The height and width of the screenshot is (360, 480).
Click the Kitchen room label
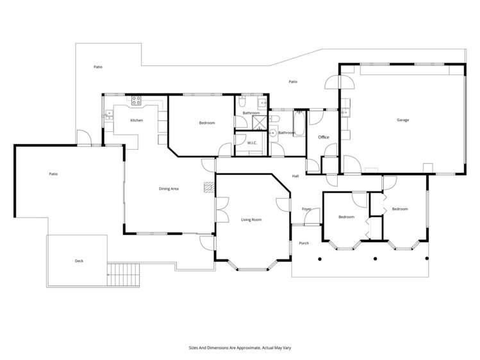coord(137,120)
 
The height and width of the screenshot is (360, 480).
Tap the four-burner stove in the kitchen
coord(137,101)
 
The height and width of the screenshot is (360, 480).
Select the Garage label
coord(402,120)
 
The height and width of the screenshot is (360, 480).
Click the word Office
coord(324,137)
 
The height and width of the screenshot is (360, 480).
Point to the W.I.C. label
coord(252,143)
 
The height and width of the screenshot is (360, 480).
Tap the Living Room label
coord(251,220)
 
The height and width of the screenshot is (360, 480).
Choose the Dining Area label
coord(169,189)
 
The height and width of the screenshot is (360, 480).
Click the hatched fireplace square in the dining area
coord(208,187)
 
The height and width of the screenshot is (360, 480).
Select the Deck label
coord(79,261)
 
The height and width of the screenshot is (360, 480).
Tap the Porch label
coord(304,243)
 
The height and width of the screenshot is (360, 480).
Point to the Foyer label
coord(306,209)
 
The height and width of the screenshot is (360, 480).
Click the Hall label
coord(295,176)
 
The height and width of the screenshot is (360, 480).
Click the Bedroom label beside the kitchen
coord(207,122)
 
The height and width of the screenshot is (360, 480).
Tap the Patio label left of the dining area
coord(54,174)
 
